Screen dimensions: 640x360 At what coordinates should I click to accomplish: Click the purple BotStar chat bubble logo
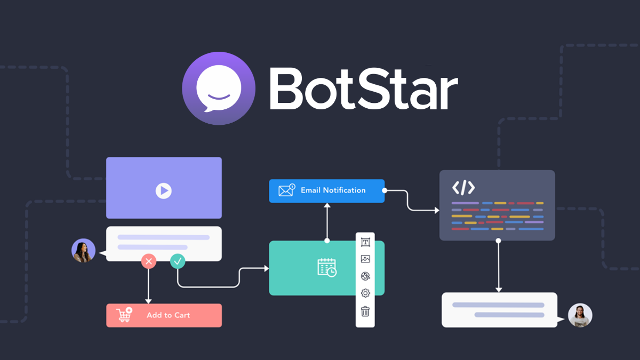(x=219, y=89)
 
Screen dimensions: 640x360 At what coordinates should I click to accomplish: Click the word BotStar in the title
(x=364, y=89)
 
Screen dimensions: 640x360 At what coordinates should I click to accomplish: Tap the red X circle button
(x=149, y=261)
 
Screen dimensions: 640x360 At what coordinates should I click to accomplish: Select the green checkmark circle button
(x=178, y=261)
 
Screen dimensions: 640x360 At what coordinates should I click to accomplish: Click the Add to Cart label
(x=169, y=315)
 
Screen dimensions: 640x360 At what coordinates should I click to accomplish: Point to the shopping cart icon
(x=124, y=315)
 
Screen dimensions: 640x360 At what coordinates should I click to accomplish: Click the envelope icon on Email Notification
(x=286, y=190)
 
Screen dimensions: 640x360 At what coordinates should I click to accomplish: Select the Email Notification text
(x=333, y=190)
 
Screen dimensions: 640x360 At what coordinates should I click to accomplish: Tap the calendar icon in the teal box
(x=327, y=268)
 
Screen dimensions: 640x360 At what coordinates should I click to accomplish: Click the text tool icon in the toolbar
(x=365, y=242)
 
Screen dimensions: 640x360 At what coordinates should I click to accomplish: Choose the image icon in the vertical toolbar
(x=365, y=259)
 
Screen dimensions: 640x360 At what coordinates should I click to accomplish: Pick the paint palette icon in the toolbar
(x=365, y=276)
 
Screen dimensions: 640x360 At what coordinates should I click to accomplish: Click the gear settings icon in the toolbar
(x=365, y=293)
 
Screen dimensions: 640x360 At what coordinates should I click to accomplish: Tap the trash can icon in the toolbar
(x=365, y=311)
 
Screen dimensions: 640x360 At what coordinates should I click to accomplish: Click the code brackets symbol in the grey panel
(x=463, y=188)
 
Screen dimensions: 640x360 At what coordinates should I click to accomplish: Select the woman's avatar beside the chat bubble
(x=83, y=251)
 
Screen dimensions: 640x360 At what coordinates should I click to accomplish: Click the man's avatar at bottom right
(x=580, y=315)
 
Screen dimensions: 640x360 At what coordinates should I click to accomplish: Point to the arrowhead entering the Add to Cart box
(x=148, y=301)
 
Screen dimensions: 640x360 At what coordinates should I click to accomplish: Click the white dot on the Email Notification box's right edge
(x=385, y=190)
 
